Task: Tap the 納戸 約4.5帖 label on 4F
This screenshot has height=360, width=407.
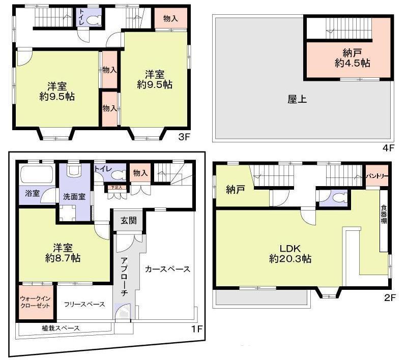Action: click(x=352, y=57)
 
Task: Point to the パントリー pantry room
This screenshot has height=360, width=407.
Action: click(x=377, y=176)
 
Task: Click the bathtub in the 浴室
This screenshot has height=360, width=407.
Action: click(x=36, y=175)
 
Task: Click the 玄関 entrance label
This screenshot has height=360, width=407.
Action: click(x=128, y=221)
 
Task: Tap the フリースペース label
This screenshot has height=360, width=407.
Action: click(x=84, y=305)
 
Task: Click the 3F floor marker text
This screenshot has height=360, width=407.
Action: click(x=183, y=136)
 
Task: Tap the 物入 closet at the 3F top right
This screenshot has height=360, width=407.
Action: click(x=170, y=19)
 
